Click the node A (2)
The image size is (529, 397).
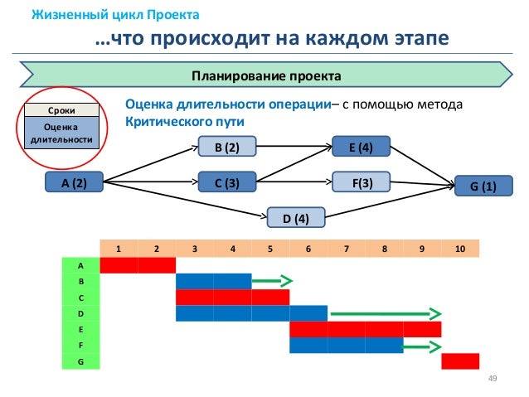75,184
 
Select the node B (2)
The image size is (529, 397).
227,148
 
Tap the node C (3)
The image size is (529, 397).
227,184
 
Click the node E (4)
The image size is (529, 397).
361,148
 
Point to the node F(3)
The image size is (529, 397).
361,183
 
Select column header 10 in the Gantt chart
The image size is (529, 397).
459,247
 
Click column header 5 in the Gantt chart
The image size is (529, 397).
270,247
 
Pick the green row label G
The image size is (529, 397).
80,361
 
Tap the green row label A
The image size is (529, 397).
80,265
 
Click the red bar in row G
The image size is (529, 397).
460,361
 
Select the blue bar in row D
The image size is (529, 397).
251,313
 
